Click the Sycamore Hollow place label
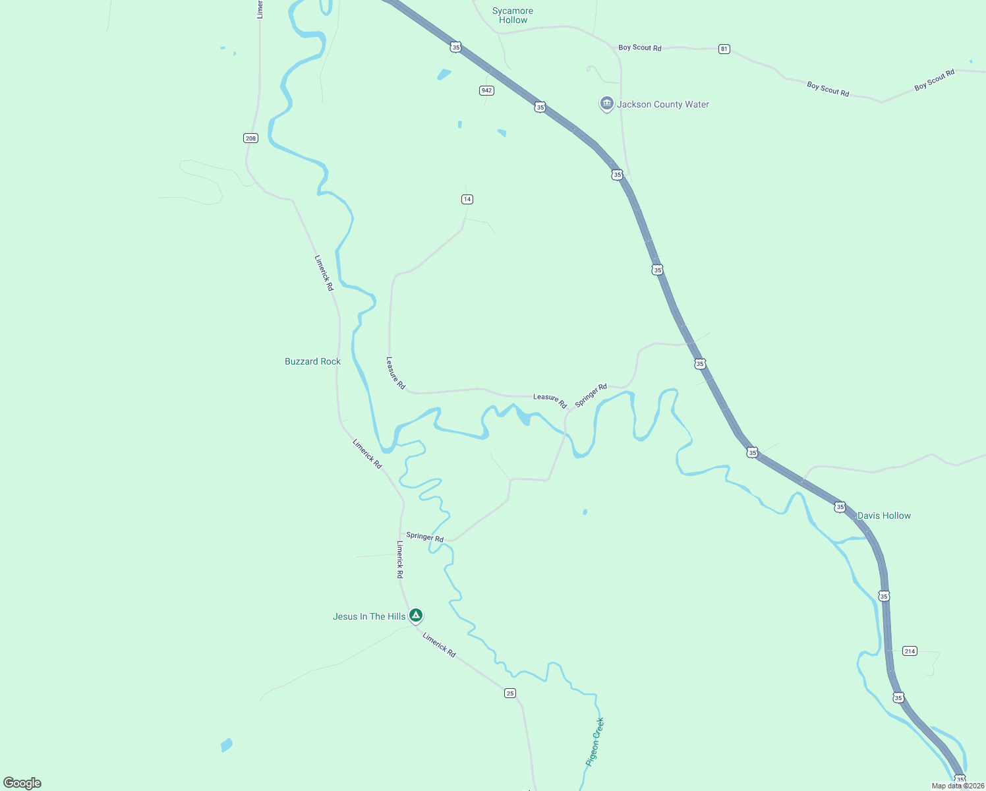pyautogui.click(x=513, y=16)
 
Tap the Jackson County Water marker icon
pyautogui.click(x=606, y=104)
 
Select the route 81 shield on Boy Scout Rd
pyautogui.click(x=724, y=49)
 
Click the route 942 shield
pyautogui.click(x=486, y=90)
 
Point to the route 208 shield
pyautogui.click(x=250, y=138)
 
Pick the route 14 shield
pyautogui.click(x=467, y=199)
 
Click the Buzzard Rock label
pyautogui.click(x=312, y=362)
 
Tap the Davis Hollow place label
pyautogui.click(x=884, y=516)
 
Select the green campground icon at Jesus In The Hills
pyautogui.click(x=415, y=616)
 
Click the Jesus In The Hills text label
pyautogui.click(x=369, y=617)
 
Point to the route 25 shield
pyautogui.click(x=510, y=693)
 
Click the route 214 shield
pyautogui.click(x=910, y=651)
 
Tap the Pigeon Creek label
pyautogui.click(x=595, y=742)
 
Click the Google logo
pyautogui.click(x=22, y=783)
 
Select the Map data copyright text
pyautogui.click(x=957, y=786)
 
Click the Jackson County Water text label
pyautogui.click(x=663, y=105)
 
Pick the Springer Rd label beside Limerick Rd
pyautogui.click(x=424, y=537)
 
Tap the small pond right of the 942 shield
pyautogui.click(x=502, y=132)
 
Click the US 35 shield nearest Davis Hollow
pyautogui.click(x=840, y=507)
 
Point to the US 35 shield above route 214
pyautogui.click(x=884, y=597)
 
